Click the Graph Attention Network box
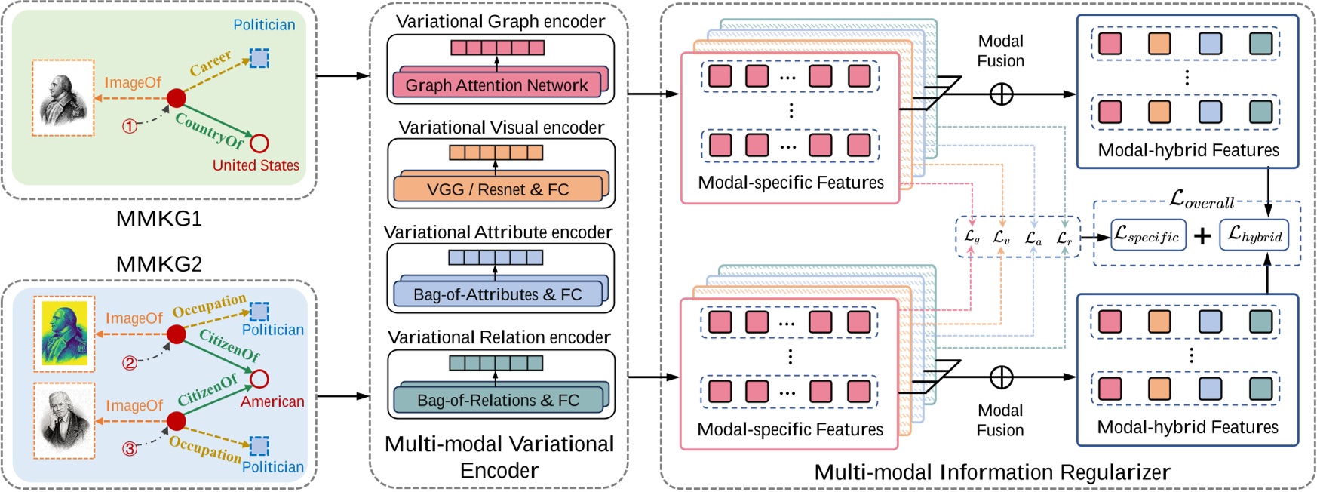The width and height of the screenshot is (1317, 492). tap(496, 85)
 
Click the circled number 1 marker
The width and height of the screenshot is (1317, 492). tap(130, 126)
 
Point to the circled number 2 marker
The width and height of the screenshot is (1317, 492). tap(130, 363)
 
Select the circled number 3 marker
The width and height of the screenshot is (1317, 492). tap(130, 449)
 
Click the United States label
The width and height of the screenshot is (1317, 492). tap(256, 165)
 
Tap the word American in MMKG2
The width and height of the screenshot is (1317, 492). tap(272, 401)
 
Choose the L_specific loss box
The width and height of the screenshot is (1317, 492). tap(1147, 235)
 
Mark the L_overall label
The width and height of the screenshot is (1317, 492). tap(1202, 200)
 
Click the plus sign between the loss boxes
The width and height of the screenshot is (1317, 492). tap(1202, 236)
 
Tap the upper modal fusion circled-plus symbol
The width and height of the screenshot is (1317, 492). tap(1001, 94)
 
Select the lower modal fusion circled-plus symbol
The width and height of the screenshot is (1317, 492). tap(1001, 377)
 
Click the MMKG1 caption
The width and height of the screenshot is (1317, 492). tap(158, 219)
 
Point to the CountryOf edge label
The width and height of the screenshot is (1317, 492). tap(210, 130)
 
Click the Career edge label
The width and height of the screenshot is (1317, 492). tap(210, 63)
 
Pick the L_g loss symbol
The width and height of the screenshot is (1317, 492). tap(972, 237)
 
